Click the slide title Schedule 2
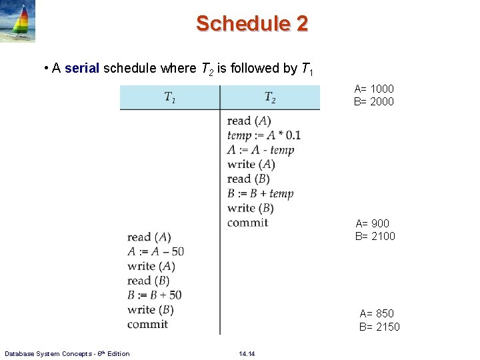pos(252,24)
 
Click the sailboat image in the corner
pos(18,21)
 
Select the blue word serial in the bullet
pos(82,68)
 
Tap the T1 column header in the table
pos(170,97)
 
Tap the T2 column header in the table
pos(270,97)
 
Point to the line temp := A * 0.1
pos(263,135)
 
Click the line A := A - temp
pos(260,150)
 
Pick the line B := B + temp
pos(260,193)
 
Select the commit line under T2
pos(247,223)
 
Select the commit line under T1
pos(147,324)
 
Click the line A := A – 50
pos(155,251)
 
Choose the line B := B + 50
pos(155,295)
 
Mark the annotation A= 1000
pos(374,89)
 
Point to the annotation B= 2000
pos(374,101)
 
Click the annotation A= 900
pos(373,223)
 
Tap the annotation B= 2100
pos(375,236)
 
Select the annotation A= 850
pos(377,313)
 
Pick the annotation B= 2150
pos(379,326)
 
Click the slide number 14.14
pos(247,353)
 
